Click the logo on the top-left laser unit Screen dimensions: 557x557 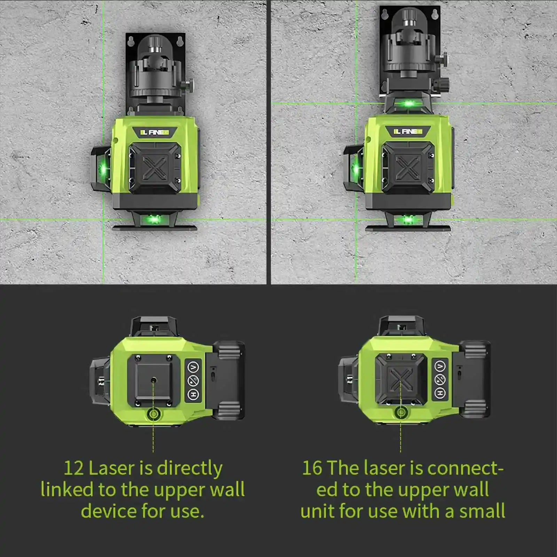(x=155, y=132)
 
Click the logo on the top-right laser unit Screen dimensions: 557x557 (x=408, y=132)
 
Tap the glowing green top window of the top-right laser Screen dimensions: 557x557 (x=409, y=103)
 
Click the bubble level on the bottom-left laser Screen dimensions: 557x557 (x=153, y=414)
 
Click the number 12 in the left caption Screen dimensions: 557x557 (x=73, y=469)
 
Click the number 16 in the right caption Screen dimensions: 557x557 (x=312, y=469)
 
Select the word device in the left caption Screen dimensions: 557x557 (x=108, y=511)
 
